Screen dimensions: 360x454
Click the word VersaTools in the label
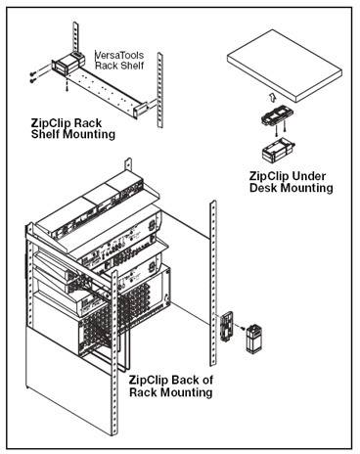click(119, 55)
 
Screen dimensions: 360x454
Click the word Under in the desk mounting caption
click(308, 176)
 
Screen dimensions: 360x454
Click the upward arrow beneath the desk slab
click(273, 97)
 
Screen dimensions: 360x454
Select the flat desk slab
click(285, 66)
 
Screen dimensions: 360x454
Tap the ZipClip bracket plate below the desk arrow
click(277, 116)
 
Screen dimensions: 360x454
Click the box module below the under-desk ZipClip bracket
click(278, 149)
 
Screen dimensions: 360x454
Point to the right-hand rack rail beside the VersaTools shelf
click(160, 89)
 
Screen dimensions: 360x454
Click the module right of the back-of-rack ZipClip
click(254, 339)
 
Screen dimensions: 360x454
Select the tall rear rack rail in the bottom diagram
click(212, 283)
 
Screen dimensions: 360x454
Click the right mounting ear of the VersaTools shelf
click(140, 110)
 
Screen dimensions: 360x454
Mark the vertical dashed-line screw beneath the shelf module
click(67, 83)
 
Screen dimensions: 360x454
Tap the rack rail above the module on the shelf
click(75, 36)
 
